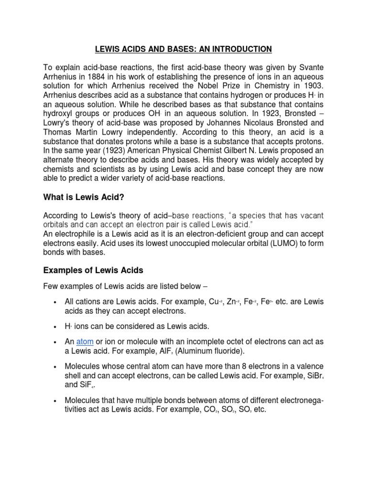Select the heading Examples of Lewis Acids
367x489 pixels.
pos(93,270)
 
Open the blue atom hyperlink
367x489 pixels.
pos(85,342)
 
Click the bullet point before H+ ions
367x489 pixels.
pos(56,327)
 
